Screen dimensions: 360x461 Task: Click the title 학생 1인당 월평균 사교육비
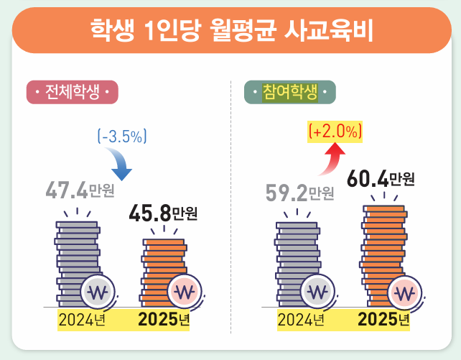coord(230,31)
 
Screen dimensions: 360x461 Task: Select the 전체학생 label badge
coord(72,93)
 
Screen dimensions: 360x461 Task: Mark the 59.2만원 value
coord(299,193)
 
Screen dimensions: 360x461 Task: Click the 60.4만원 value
coord(380,179)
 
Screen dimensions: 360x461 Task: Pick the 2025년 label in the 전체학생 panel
coord(163,319)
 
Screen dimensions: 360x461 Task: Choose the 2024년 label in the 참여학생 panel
coord(300,319)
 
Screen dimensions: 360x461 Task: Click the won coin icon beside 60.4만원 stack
coord(406,293)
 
